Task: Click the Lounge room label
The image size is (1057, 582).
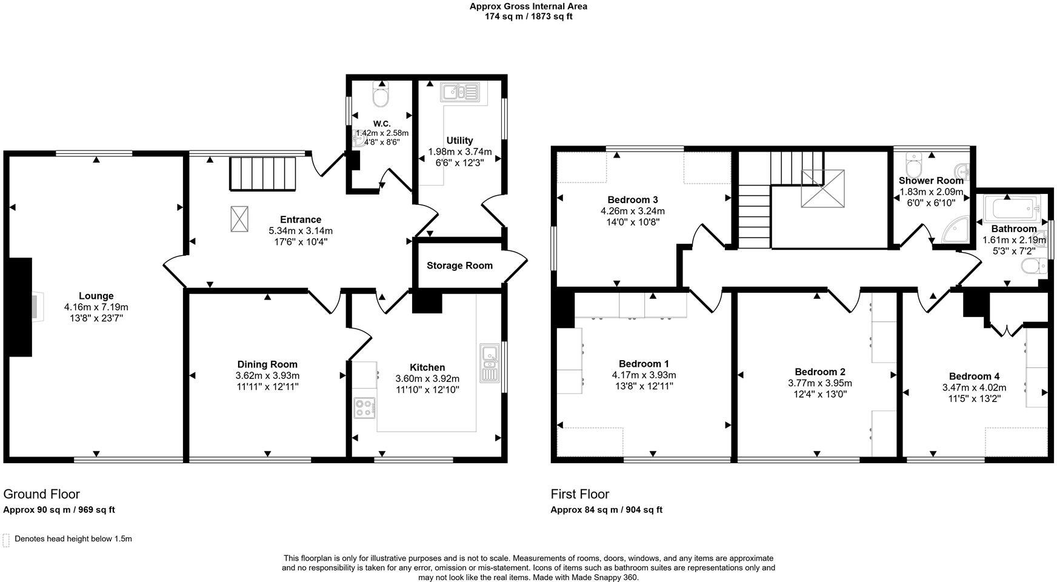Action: click(x=96, y=296)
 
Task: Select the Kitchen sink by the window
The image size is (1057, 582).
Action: click(x=489, y=363)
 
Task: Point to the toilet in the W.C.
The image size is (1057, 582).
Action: click(x=381, y=97)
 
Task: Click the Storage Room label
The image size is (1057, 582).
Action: click(x=459, y=266)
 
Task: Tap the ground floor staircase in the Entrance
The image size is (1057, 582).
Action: click(x=261, y=173)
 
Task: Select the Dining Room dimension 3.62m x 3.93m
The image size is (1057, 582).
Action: click(x=267, y=375)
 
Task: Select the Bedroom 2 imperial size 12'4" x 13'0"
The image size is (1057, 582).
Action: click(x=820, y=394)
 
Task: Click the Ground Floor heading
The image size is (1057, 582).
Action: click(x=41, y=494)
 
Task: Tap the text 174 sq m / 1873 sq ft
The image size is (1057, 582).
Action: click(x=528, y=16)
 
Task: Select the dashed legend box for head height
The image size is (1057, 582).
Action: click(x=6, y=540)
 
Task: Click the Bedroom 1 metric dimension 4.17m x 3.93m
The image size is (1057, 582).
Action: click(x=644, y=375)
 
